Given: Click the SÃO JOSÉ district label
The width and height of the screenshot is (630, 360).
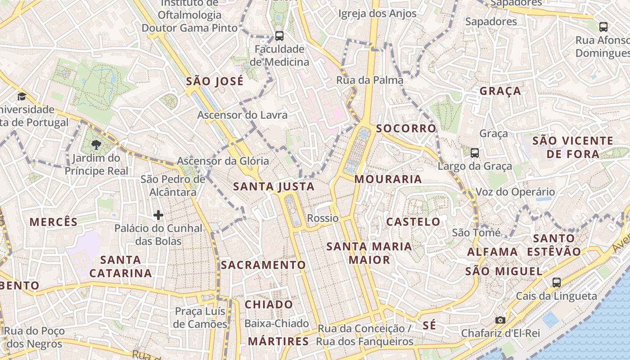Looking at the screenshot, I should pyautogui.click(x=215, y=81).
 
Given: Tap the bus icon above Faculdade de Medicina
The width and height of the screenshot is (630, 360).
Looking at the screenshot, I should pyautogui.click(x=279, y=36).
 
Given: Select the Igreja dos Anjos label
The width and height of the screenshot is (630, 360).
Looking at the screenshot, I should pyautogui.click(x=377, y=13).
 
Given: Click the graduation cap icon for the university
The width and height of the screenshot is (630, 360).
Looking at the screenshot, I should pyautogui.click(x=21, y=96).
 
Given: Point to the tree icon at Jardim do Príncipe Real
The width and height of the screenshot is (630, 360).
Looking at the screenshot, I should pyautogui.click(x=96, y=144).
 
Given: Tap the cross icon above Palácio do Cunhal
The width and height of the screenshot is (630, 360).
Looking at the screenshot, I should pyautogui.click(x=158, y=215).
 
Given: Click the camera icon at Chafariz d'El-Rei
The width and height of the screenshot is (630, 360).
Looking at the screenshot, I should pyautogui.click(x=500, y=320).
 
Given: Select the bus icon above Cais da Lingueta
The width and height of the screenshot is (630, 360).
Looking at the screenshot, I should pyautogui.click(x=557, y=283).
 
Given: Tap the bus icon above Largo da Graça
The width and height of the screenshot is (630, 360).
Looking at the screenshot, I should pyautogui.click(x=475, y=153).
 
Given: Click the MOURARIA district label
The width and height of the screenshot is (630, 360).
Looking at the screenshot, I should pyautogui.click(x=388, y=179).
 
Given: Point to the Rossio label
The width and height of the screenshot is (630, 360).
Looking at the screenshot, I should pyautogui.click(x=323, y=218).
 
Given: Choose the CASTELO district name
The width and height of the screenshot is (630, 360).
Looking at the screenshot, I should pyautogui.click(x=413, y=221).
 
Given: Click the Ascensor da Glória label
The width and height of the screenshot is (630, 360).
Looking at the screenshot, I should pyautogui.click(x=223, y=161).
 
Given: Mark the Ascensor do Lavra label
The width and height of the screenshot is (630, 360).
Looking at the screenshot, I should pyautogui.click(x=242, y=115).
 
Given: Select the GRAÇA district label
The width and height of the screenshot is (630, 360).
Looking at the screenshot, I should pyautogui.click(x=500, y=91).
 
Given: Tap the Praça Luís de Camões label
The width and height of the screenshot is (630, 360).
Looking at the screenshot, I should pyautogui.click(x=201, y=318).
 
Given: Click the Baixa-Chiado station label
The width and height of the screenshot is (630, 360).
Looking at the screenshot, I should pyautogui.click(x=276, y=323).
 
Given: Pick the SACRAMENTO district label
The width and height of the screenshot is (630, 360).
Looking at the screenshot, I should pyautogui.click(x=263, y=265).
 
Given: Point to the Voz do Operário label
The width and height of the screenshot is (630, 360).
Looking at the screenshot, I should pyautogui.click(x=515, y=192).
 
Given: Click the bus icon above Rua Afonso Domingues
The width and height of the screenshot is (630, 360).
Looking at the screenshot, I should pyautogui.click(x=603, y=27).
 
